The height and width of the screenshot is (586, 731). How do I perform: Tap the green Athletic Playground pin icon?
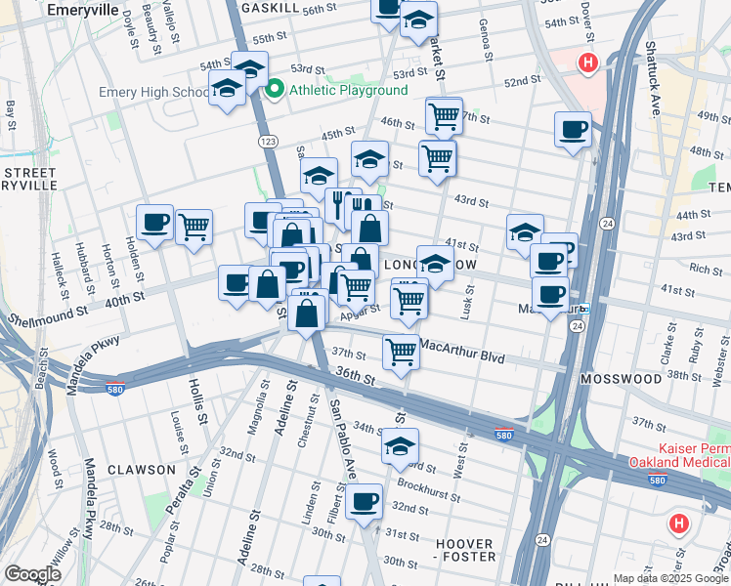coord(275,90)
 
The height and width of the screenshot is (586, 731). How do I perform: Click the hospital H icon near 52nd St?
coord(587,64)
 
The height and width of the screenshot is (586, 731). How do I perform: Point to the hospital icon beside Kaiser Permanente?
coord(679,523)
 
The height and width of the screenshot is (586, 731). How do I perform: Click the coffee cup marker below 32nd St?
coord(365,501)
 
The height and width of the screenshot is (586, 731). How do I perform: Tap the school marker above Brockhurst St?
coord(400,445)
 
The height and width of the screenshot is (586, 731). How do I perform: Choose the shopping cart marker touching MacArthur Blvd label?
coord(401,351)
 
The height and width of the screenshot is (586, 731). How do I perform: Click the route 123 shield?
coord(268,142)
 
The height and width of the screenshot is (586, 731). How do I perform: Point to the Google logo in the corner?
coord(32,574)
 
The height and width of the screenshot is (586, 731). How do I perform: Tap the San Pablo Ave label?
coord(338,422)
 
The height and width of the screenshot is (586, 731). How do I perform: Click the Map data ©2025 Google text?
coord(670,578)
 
